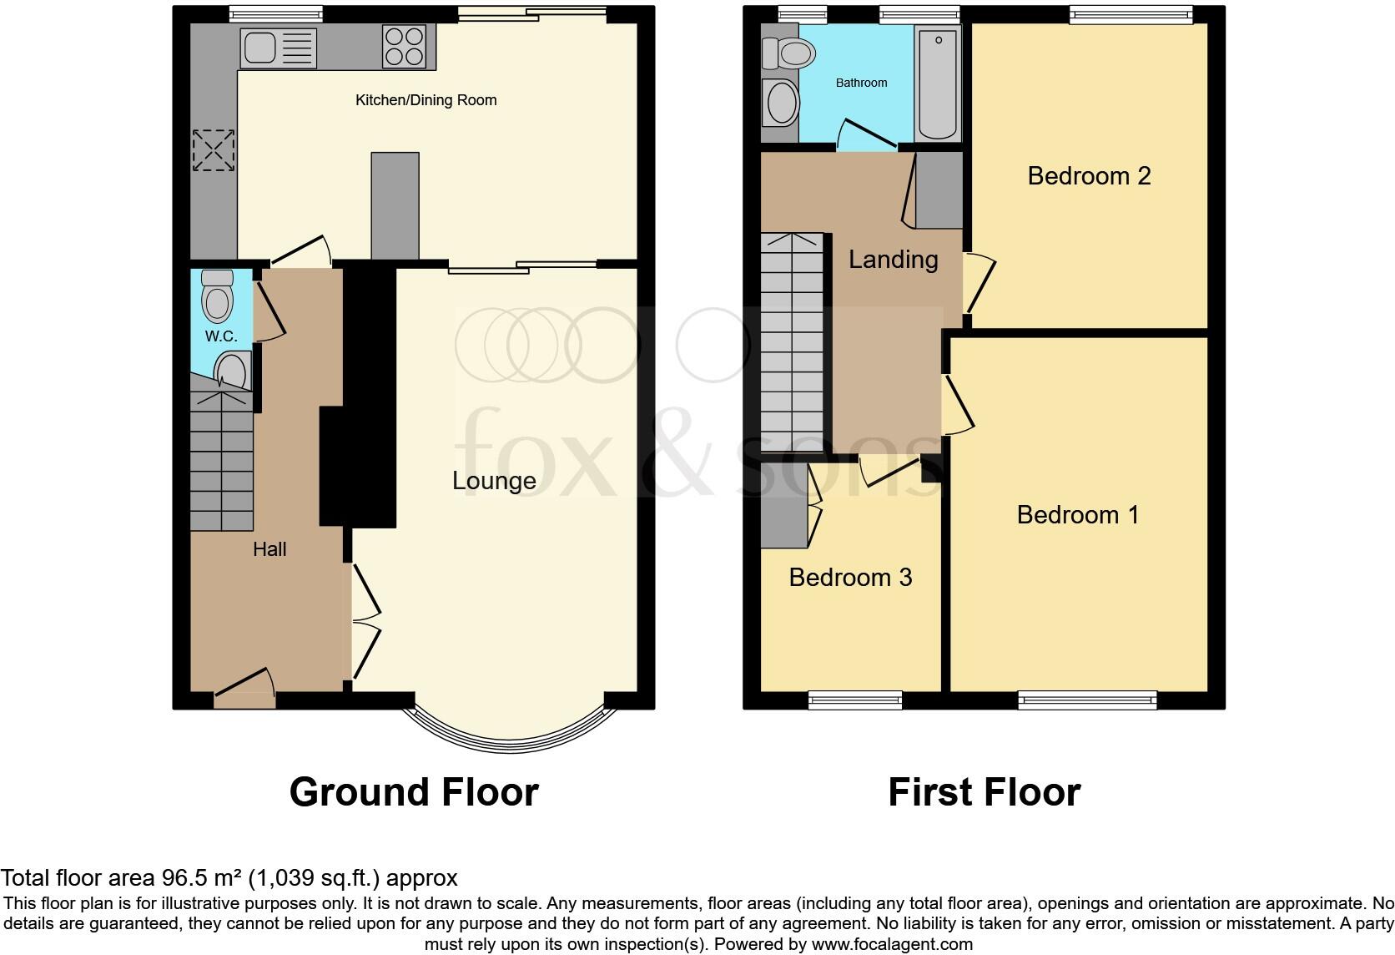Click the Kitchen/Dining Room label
[426, 100]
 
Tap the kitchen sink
[279, 48]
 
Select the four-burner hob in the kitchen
[404, 46]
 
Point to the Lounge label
[494, 481]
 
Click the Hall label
[269, 548]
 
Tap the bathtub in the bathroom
[938, 83]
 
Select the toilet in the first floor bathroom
[789, 53]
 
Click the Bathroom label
[861, 83]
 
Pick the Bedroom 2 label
[1090, 175]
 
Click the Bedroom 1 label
[1078, 514]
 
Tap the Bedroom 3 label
[851, 578]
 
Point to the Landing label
[893, 260]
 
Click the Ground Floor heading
[414, 792]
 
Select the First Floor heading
[985, 792]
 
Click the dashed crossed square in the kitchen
[214, 150]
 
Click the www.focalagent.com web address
[892, 944]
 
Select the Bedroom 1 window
[1087, 700]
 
